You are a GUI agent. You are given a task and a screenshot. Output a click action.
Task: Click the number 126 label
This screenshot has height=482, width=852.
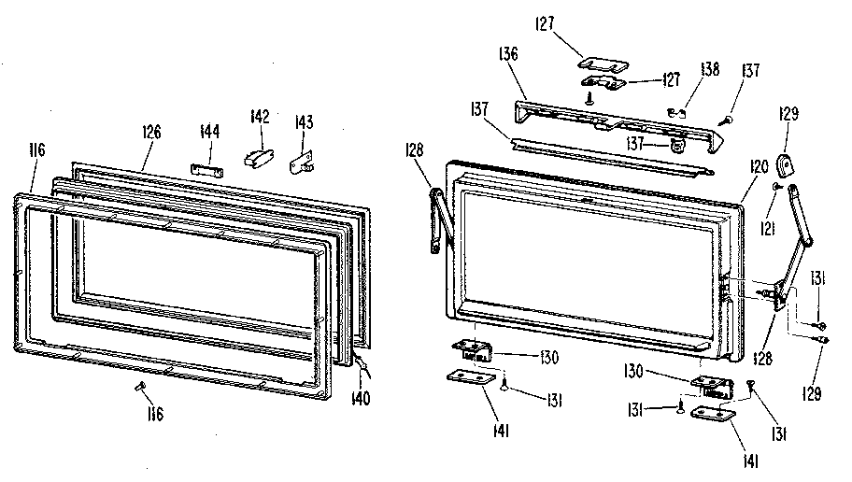coord(151,132)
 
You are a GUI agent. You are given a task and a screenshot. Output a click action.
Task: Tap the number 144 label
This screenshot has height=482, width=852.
coord(210,132)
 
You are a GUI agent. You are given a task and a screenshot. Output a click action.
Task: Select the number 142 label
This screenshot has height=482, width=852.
coord(260,116)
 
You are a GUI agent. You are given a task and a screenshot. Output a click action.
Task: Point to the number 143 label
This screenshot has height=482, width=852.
coord(304,121)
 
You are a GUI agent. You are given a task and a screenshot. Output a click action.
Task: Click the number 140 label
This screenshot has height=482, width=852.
coord(361,398)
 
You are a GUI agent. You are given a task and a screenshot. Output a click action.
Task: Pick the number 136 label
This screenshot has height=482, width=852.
coord(508,54)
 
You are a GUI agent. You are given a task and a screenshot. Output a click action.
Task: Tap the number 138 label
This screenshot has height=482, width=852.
coord(710,69)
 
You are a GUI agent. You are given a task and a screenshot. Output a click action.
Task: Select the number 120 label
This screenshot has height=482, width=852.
coord(760,166)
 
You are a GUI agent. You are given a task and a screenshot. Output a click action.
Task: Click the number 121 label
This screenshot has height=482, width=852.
coord(767,229)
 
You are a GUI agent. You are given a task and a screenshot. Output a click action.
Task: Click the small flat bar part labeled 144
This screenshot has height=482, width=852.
coord(207,170)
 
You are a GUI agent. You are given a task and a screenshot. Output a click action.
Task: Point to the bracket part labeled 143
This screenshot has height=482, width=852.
coord(302,163)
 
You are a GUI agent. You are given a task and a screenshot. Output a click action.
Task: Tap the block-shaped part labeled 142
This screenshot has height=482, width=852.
coord(259,158)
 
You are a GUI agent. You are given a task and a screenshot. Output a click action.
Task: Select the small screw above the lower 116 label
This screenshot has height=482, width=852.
coord(139,386)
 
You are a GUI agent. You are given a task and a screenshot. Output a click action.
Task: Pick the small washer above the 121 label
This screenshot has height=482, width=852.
coord(776,187)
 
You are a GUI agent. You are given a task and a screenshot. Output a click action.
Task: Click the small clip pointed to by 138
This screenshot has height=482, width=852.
coord(676,112)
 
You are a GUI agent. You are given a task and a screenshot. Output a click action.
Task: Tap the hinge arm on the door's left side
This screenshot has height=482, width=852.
coord(442,220)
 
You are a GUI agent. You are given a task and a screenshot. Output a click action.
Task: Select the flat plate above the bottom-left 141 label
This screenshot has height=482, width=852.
coord(472,377)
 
